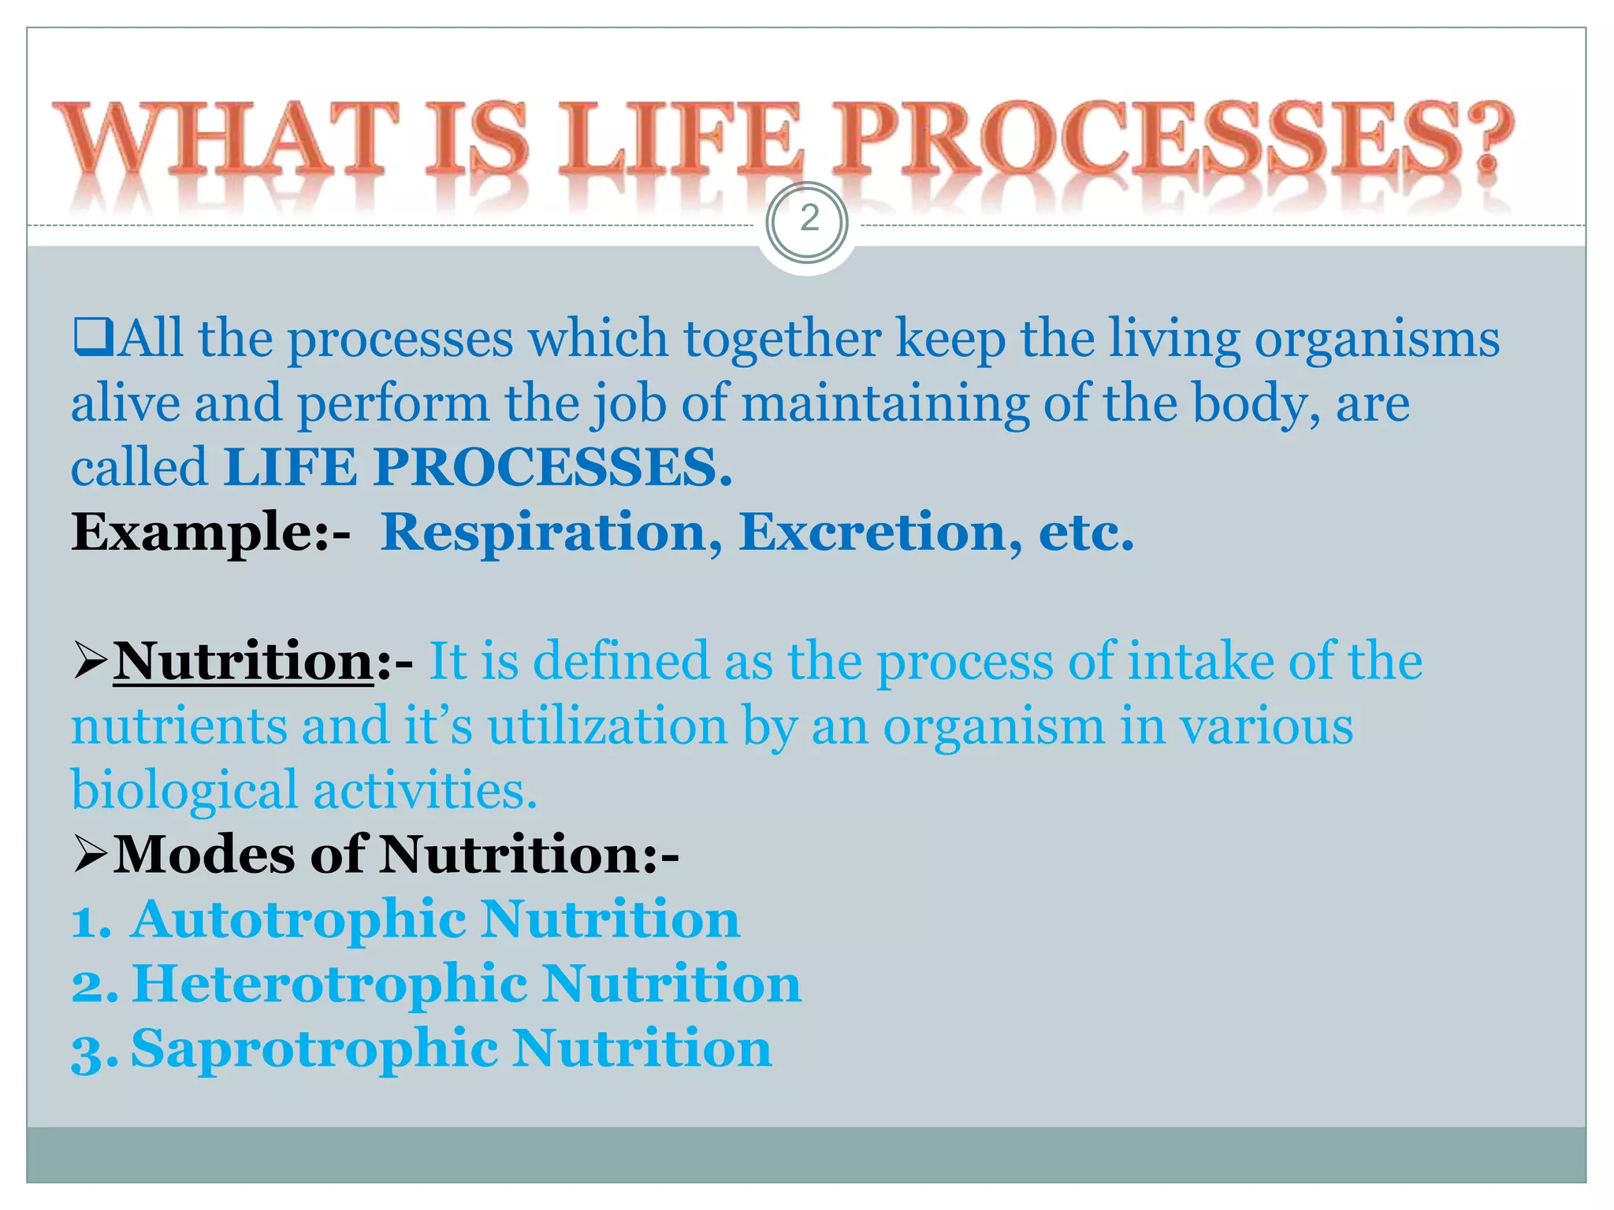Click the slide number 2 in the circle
coord(809,219)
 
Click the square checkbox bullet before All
coord(93,338)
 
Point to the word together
coord(782,339)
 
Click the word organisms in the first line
coord(1377,339)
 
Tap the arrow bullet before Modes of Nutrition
coord(90,855)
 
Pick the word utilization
coord(607,726)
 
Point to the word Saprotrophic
coord(314,1049)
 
